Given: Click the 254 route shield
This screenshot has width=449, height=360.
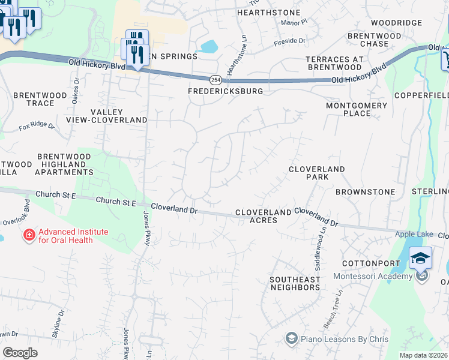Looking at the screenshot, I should (x=215, y=80).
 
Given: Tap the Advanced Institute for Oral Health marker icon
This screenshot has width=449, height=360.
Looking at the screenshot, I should (x=28, y=235).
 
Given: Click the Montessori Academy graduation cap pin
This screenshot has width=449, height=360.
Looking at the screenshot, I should (x=420, y=259).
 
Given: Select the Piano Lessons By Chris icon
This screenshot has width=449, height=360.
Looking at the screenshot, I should (x=292, y=339).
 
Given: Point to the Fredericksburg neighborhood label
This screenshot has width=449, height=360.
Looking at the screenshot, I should (x=226, y=92).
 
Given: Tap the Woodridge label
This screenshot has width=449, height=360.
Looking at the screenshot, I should (x=396, y=23).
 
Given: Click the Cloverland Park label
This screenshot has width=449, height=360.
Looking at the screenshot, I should (x=317, y=173).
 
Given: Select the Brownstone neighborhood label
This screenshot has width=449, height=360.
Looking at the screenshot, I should (x=366, y=192).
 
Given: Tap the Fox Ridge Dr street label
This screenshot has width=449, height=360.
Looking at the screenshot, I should (x=37, y=127).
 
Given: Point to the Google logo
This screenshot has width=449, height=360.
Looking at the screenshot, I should (x=20, y=353).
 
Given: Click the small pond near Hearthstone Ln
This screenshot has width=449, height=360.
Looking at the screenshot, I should (x=209, y=46).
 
